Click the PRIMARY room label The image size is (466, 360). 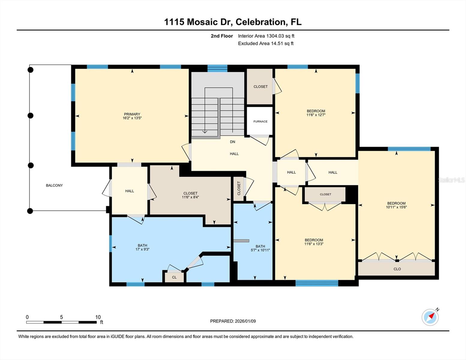point(132,114)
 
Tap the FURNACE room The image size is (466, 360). point(260,121)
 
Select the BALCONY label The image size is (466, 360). point(54,185)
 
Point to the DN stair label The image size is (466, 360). point(233,142)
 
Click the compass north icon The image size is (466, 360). point(430,317)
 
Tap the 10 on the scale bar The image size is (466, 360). point(98,317)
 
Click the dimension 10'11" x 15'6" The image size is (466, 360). point(396,207)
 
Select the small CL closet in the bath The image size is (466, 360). point(174,277)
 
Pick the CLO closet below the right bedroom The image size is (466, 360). point(397,269)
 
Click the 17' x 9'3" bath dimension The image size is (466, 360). point(142,249)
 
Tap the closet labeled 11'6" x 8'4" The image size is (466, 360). point(190,197)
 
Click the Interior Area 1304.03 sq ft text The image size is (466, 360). point(266,36)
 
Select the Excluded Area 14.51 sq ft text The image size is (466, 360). point(266,43)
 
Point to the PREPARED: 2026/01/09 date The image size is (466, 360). point(233,321)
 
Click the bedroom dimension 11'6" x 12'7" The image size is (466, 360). point(316,115)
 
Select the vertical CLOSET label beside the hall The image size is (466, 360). point(239,188)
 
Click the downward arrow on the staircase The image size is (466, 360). point(205,131)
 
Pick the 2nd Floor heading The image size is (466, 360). point(222,36)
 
